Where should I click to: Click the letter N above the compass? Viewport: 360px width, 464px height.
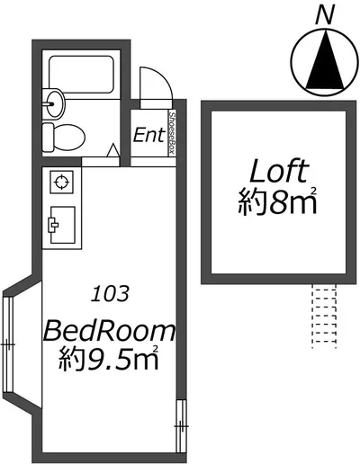[x=325, y=15]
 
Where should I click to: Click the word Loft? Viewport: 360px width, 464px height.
[x=279, y=171]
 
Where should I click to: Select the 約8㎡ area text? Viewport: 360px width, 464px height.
[x=277, y=201]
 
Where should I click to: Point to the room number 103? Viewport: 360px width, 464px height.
[x=111, y=294]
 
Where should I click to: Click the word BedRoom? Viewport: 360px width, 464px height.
[x=109, y=331]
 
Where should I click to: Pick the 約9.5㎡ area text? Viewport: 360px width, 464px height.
[x=108, y=358]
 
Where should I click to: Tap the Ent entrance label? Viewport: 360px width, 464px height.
[x=149, y=135]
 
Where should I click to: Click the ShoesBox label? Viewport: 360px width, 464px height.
[x=172, y=133]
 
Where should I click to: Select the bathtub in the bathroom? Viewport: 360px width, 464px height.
[x=81, y=74]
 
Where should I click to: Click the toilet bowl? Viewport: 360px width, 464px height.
[x=64, y=138]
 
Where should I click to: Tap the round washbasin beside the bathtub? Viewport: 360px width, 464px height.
[x=53, y=103]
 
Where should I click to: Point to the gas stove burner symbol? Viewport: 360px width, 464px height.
[x=62, y=182]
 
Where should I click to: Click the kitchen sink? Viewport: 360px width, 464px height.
[x=62, y=225]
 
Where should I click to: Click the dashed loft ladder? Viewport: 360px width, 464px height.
[x=324, y=317]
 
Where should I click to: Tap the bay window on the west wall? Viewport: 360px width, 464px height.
[x=8, y=344]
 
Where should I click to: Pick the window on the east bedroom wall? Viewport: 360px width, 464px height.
[x=181, y=426]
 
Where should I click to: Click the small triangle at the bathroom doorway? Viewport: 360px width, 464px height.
[x=113, y=150]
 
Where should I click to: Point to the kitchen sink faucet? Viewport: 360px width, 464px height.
[x=53, y=225]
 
